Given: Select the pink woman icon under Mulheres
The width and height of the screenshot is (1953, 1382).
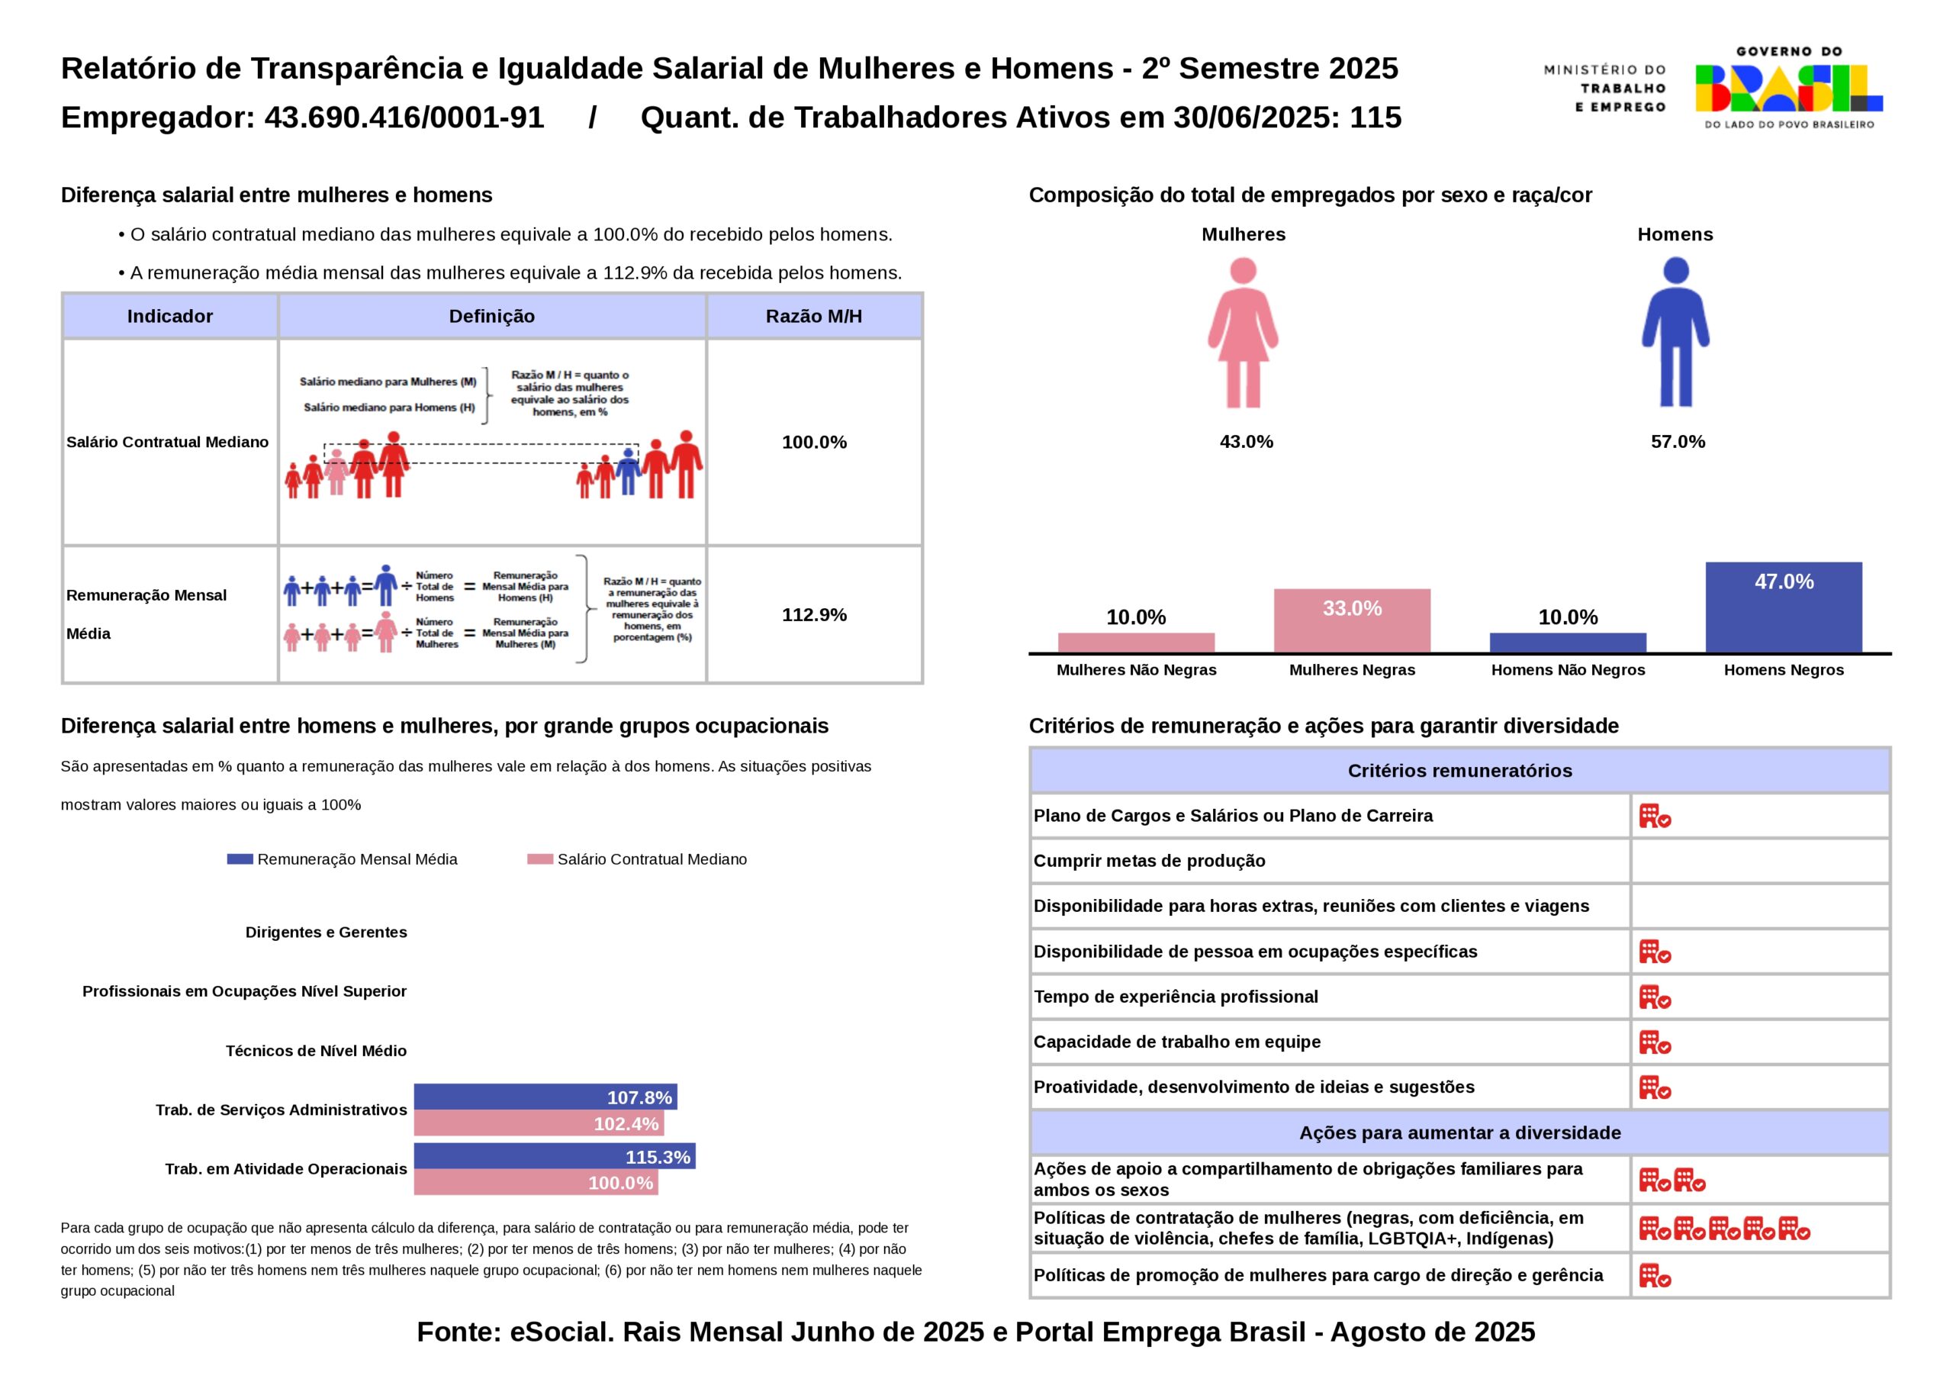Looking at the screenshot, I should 1243,333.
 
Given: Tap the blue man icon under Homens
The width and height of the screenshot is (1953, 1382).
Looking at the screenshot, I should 1675,333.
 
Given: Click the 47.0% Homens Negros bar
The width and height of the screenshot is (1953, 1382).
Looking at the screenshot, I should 1783,607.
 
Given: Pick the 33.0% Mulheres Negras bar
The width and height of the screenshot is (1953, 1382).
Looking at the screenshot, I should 1352,620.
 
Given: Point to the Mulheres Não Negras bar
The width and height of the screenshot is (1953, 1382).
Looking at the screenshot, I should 1136,643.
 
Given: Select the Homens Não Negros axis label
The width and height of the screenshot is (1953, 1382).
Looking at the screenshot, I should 1568,670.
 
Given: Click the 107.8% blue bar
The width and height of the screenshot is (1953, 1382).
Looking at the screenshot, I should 545,1097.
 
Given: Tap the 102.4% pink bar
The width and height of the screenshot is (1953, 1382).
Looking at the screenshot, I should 539,1123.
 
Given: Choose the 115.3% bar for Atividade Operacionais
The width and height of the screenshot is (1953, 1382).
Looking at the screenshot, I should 555,1156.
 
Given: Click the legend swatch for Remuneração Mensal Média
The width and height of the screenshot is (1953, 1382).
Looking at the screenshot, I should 240,859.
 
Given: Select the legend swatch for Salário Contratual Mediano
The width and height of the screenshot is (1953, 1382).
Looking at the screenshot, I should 540,859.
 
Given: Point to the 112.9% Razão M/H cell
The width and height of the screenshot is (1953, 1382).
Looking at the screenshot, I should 814,614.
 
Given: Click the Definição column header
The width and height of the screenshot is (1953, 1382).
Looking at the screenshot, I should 491,317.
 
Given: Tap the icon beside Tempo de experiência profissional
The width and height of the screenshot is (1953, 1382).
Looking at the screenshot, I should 1655,997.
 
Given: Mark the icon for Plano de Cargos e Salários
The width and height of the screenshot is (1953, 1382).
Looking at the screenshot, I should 1655,816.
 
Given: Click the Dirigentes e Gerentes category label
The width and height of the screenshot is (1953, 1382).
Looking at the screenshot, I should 326,932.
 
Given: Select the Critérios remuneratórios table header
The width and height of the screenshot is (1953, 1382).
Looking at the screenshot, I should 1459,771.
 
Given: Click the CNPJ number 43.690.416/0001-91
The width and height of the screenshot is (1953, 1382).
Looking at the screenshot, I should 404,118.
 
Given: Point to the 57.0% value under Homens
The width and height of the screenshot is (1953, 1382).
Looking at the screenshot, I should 1678,442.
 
